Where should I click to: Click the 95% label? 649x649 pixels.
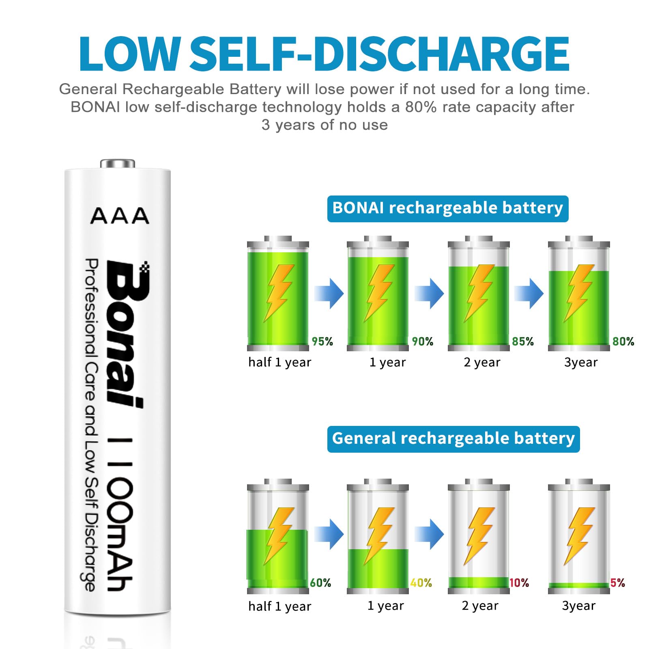click(322, 342)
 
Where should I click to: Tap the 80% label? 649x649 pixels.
click(623, 342)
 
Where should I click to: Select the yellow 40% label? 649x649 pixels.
click(421, 583)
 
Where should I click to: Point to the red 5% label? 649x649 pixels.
click(617, 583)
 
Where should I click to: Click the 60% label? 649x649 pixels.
click(320, 583)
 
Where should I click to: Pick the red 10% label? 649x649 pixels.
click(519, 583)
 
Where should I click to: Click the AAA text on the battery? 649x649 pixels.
click(120, 216)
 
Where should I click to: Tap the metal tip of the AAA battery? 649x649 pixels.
click(118, 163)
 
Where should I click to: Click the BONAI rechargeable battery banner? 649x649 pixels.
click(447, 208)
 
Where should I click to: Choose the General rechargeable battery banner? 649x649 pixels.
click(453, 439)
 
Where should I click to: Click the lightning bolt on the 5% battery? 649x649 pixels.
click(579, 535)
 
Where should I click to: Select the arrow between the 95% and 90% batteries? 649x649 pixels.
click(329, 293)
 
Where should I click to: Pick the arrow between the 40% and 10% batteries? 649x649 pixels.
click(429, 534)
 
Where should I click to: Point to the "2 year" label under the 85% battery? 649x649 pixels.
click(482, 362)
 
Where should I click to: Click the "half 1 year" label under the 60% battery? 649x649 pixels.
click(279, 606)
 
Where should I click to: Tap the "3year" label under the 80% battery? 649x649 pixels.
click(581, 362)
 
